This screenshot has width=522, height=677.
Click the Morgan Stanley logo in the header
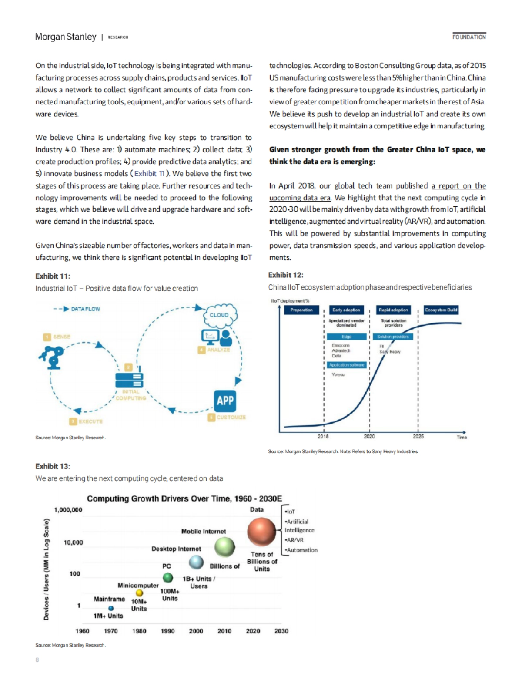(x=66, y=37)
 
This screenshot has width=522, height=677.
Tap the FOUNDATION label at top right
(x=469, y=37)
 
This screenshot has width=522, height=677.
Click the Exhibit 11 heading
(x=53, y=276)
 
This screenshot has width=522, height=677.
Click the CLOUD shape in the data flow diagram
(x=219, y=314)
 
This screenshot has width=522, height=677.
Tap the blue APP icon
(x=225, y=401)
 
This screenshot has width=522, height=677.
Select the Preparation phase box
(x=301, y=310)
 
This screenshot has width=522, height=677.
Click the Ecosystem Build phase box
(x=441, y=310)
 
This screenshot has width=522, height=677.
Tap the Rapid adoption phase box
(x=393, y=310)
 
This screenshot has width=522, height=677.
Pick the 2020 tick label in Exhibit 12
(x=369, y=436)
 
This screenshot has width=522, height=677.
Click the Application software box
(x=347, y=365)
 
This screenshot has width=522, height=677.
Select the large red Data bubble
(x=261, y=532)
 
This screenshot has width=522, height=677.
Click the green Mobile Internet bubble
(x=224, y=547)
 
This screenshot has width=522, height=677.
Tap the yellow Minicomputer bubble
(x=139, y=593)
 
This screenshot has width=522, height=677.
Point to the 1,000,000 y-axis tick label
(x=68, y=510)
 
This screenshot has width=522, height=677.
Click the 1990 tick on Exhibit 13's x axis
(x=167, y=631)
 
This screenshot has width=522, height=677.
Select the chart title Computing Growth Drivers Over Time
(x=184, y=498)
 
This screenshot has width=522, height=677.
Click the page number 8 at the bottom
(x=37, y=660)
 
